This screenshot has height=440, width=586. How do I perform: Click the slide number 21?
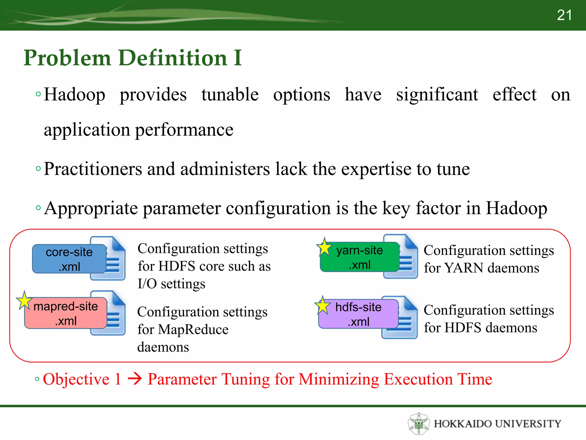coord(564,15)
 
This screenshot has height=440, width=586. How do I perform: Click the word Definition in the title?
coord(173,58)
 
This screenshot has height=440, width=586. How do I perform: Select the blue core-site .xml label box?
coord(69,259)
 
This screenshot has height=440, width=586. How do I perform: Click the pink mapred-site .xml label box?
coord(66,313)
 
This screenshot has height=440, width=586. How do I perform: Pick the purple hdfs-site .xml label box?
coord(359,314)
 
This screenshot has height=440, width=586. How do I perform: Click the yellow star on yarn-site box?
coord(324,248)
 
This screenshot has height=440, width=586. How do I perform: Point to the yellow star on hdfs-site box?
coord(323,306)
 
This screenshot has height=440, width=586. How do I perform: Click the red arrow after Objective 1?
coord(134,379)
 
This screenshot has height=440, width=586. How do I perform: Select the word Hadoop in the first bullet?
coord(74,95)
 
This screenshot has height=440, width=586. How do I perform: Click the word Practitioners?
coord(93,169)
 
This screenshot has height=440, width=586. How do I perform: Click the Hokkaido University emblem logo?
coord(419,424)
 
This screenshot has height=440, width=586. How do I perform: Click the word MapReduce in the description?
coord(193,329)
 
